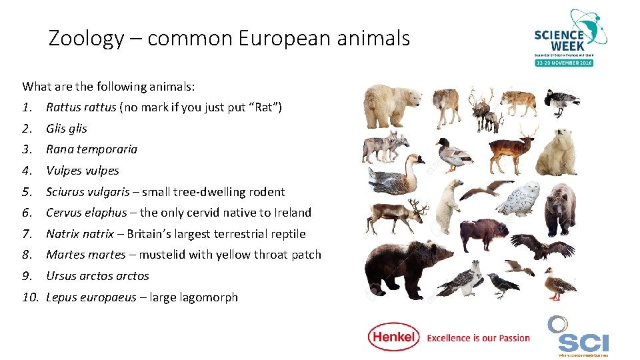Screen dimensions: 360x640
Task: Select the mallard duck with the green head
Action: pos(453,155)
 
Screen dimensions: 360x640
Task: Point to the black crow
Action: pos(503,284)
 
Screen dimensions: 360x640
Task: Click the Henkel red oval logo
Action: pos(393,337)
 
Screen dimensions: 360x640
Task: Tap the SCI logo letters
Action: pos(583,343)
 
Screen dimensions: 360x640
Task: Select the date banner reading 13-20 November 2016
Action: pos(563,62)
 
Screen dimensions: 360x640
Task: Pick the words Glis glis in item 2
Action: pos(67,129)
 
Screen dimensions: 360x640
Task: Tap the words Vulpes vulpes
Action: pos(83,171)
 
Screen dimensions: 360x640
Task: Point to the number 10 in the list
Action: pos(30,297)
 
